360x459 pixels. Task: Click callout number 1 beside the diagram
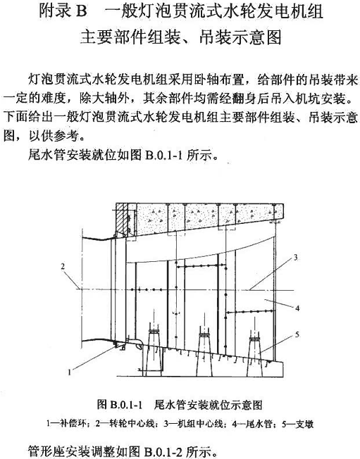click(x=70, y=372)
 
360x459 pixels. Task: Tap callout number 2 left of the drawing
click(x=63, y=266)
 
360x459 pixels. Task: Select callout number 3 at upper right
click(x=296, y=258)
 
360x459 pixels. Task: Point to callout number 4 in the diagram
click(x=297, y=308)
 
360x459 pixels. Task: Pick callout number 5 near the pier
click(x=297, y=334)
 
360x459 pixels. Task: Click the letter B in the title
click(x=82, y=12)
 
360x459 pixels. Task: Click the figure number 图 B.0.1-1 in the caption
click(x=120, y=405)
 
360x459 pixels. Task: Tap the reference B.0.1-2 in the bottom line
click(x=163, y=452)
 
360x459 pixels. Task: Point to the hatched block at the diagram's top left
click(x=122, y=218)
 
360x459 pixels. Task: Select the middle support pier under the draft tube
click(x=204, y=354)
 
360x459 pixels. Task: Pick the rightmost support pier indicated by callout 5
click(x=254, y=356)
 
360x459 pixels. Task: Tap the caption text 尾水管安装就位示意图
click(x=208, y=405)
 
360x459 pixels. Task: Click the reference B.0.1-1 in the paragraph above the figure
click(x=163, y=155)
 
